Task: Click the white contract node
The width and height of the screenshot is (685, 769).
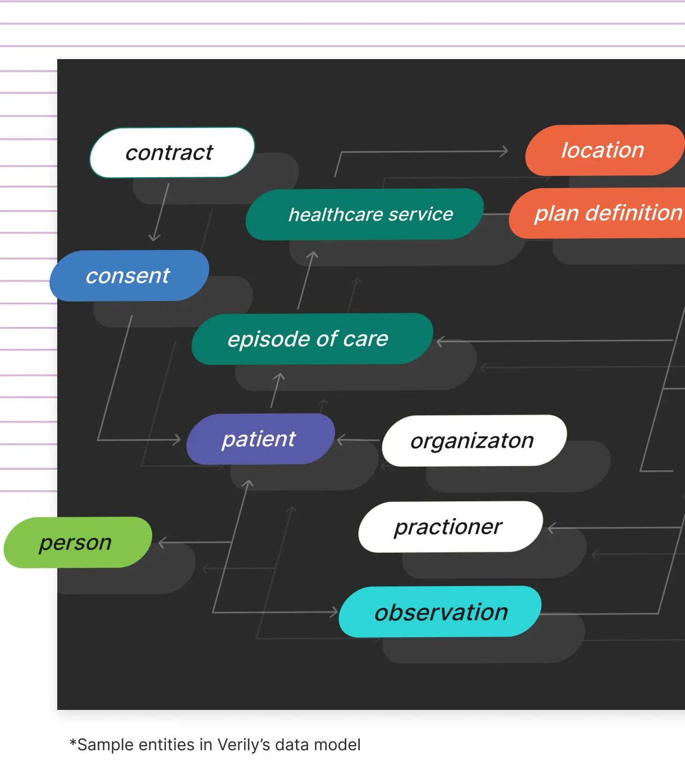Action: pyautogui.click(x=172, y=153)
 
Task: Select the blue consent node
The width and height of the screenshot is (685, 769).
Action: pyautogui.click(x=129, y=276)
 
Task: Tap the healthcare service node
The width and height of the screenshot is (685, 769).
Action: pyautogui.click(x=365, y=215)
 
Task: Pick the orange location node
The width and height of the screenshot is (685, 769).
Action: pyautogui.click(x=603, y=151)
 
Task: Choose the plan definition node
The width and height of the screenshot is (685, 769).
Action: pyautogui.click(x=605, y=213)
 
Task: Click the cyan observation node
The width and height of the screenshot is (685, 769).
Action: pyautogui.click(x=440, y=612)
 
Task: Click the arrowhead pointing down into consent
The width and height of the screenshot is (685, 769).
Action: pyautogui.click(x=154, y=238)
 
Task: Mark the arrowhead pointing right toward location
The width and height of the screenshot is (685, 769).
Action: pyautogui.click(x=504, y=151)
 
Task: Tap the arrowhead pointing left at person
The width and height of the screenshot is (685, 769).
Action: pyautogui.click(x=162, y=543)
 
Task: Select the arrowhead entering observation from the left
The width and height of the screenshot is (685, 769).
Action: pyautogui.click(x=334, y=612)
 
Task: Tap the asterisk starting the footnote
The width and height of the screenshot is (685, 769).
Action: pyautogui.click(x=73, y=743)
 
